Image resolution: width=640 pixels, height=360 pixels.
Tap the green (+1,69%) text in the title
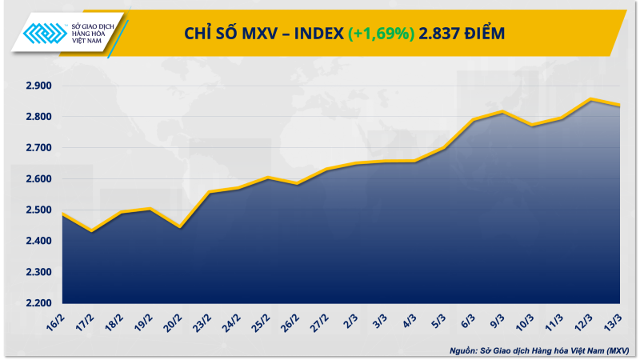click(380, 33)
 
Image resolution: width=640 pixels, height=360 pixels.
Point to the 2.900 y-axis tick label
click(36, 86)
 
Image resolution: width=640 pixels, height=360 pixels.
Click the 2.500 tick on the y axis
click(36, 210)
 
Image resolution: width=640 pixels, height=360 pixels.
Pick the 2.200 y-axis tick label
click(36, 303)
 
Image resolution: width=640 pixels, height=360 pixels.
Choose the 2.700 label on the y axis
click(36, 148)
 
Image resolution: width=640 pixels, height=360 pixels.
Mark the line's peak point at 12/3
click(590, 99)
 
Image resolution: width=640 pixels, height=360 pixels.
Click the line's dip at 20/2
click(181, 227)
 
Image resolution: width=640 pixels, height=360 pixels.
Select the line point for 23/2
click(209, 193)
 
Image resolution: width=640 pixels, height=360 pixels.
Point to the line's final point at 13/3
click(620, 105)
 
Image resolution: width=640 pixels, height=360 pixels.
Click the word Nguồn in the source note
click(462, 350)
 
